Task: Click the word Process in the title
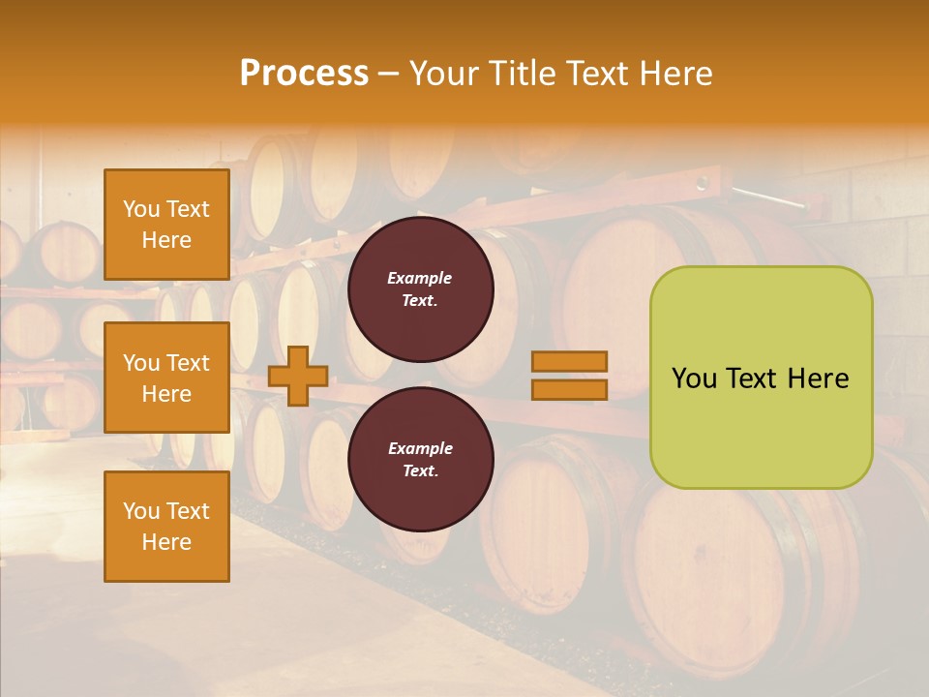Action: tap(304, 74)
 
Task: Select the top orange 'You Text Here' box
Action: tap(166, 225)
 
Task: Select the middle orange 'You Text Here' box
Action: tap(166, 378)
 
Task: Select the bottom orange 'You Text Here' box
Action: tap(166, 527)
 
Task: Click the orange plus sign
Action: tap(298, 376)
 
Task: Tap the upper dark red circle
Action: tap(420, 289)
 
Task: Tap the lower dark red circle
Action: tap(420, 460)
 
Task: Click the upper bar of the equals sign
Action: tap(570, 361)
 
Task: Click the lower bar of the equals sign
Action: tap(570, 389)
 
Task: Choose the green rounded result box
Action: tap(761, 378)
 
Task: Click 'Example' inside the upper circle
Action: tap(420, 278)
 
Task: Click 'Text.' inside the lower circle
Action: tap(420, 471)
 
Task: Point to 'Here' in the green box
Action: tap(820, 379)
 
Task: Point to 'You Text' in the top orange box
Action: tap(166, 209)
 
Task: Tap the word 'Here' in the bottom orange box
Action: tap(166, 542)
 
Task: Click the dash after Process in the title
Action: tap(388, 74)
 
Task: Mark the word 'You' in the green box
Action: tap(695, 379)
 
